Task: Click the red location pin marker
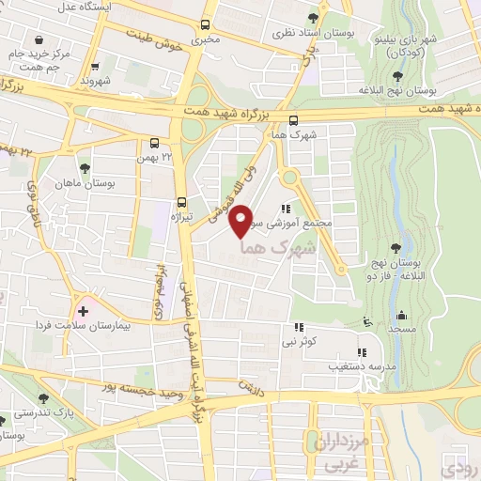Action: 241,220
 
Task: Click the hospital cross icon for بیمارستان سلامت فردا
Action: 84,309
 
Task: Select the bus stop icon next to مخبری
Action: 206,25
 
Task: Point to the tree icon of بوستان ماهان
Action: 85,168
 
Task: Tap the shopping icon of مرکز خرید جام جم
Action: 39,39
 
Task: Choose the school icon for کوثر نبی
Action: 298,327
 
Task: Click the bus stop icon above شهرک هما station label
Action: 294,120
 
